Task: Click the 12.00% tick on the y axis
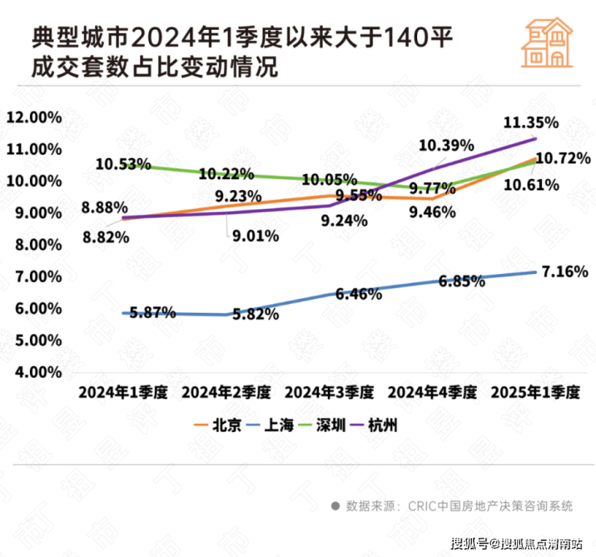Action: coord(34,117)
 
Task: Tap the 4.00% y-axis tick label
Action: coord(37,372)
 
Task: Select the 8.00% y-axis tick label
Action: coord(37,244)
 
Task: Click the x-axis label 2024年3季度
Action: coord(329,393)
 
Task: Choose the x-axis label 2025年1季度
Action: coord(536,393)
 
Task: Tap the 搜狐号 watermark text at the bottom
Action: coord(470,542)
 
